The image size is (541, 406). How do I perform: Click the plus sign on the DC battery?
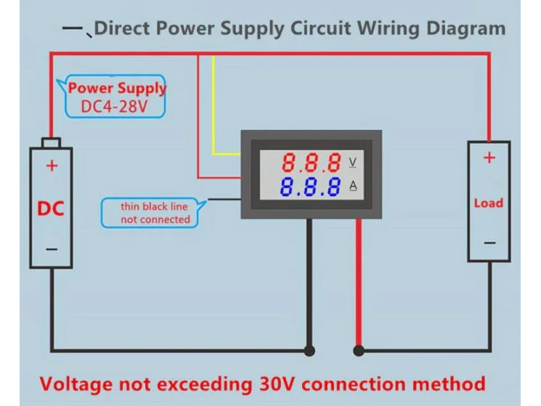click(x=52, y=165)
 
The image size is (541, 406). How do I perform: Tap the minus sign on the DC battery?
click(x=52, y=248)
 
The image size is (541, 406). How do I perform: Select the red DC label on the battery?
click(x=51, y=209)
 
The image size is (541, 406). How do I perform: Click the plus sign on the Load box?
click(x=489, y=158)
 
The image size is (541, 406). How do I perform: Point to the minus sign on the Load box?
click(x=489, y=243)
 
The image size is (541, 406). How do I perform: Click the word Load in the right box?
click(x=488, y=203)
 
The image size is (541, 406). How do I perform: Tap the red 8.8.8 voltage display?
click(x=312, y=161)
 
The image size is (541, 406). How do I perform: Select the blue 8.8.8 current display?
click(x=312, y=187)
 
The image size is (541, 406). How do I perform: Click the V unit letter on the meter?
click(x=353, y=161)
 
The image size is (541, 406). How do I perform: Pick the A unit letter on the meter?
click(x=353, y=186)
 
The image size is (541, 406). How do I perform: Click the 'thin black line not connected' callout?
click(x=154, y=213)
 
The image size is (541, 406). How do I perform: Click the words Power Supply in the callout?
click(x=117, y=89)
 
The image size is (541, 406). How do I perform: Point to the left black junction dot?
click(x=309, y=352)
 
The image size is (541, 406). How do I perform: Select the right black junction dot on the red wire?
click(x=358, y=352)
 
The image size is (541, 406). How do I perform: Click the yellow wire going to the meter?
click(x=213, y=109)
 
